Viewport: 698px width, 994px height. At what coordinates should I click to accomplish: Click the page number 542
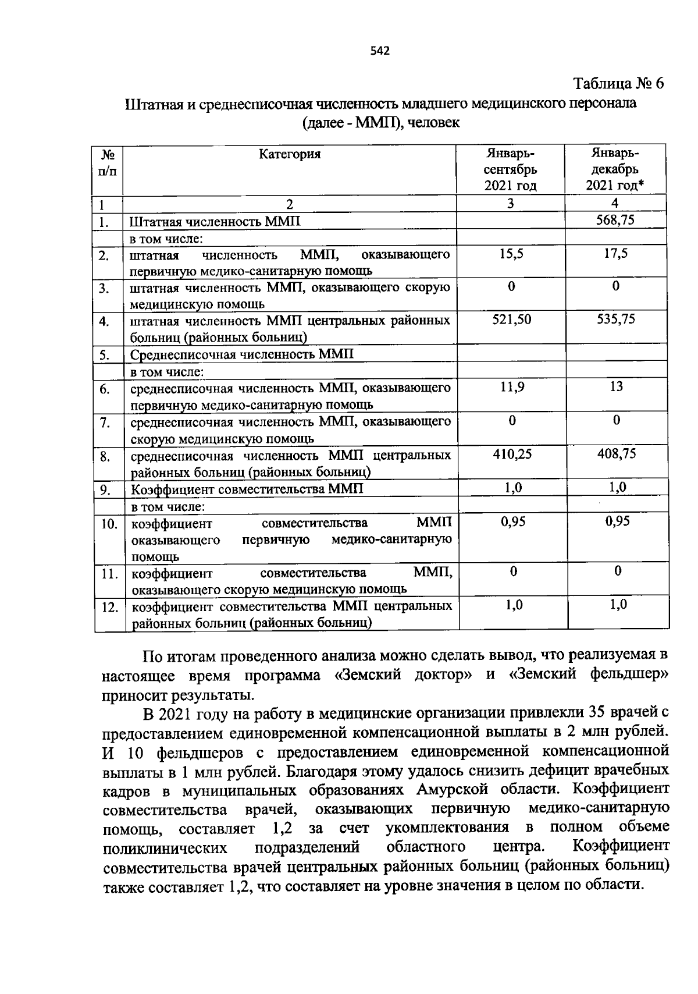tap(379, 51)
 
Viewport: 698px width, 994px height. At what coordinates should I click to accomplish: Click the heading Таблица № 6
tap(618, 84)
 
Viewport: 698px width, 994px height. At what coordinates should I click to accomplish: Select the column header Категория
tap(290, 154)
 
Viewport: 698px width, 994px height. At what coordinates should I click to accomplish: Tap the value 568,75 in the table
tap(615, 220)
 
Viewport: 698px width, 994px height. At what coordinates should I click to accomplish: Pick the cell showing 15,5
tap(511, 254)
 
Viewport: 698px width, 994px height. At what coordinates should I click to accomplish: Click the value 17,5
tap(615, 254)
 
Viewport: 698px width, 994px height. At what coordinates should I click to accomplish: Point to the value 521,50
tap(511, 319)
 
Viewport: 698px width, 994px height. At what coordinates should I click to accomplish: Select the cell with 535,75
tap(616, 319)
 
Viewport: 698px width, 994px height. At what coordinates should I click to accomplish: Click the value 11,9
tap(512, 386)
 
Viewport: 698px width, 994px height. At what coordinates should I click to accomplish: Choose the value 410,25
tap(512, 454)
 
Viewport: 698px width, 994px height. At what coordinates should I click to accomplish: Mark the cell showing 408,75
tap(617, 454)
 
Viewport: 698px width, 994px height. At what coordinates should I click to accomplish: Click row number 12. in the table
tap(109, 608)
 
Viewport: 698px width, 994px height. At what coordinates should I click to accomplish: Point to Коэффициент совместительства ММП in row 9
tap(247, 489)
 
